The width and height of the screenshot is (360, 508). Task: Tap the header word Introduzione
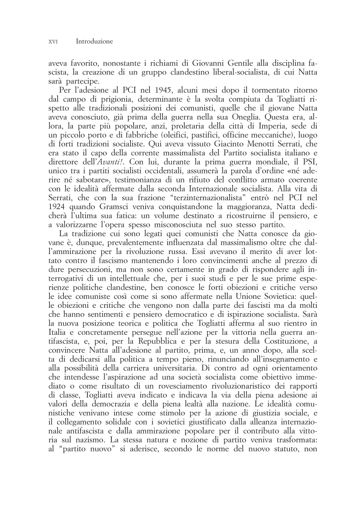(94, 41)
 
